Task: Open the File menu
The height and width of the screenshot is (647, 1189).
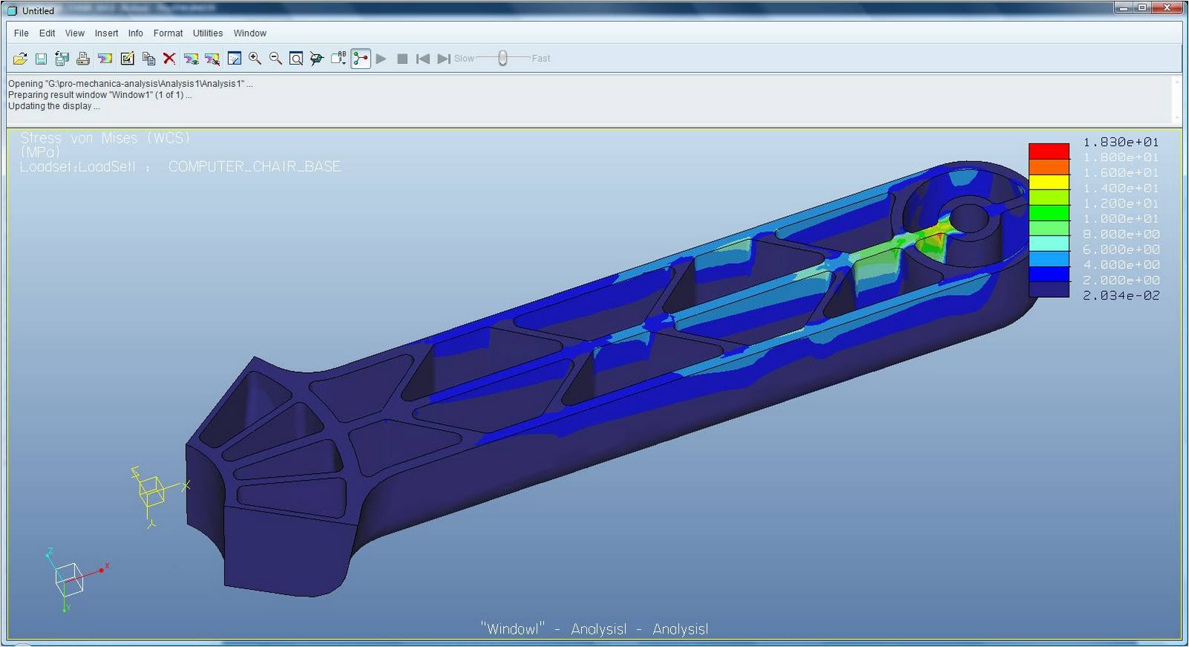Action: (x=21, y=33)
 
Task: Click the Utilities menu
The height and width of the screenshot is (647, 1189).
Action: (x=207, y=33)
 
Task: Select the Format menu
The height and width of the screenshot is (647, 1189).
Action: (x=168, y=33)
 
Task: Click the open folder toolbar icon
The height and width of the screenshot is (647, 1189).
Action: (x=20, y=59)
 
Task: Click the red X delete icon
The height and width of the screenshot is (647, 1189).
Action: (x=169, y=59)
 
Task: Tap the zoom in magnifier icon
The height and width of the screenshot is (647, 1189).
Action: (x=255, y=59)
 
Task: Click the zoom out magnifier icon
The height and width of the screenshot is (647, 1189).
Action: (x=275, y=59)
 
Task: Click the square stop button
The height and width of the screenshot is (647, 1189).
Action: (x=402, y=59)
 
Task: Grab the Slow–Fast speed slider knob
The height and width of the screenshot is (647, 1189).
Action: (x=503, y=58)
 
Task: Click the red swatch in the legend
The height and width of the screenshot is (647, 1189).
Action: (x=1049, y=151)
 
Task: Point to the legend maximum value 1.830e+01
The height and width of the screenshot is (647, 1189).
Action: (x=1121, y=142)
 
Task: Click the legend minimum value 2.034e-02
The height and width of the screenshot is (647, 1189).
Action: (x=1121, y=296)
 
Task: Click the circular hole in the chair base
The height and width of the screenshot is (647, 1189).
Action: (x=968, y=218)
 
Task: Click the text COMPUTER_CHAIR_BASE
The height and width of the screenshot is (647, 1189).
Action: (x=254, y=166)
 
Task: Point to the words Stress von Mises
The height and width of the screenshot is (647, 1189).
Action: (x=79, y=138)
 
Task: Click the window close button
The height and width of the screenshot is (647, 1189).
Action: (x=1167, y=7)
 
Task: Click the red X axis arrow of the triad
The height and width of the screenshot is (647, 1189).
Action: (x=103, y=569)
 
